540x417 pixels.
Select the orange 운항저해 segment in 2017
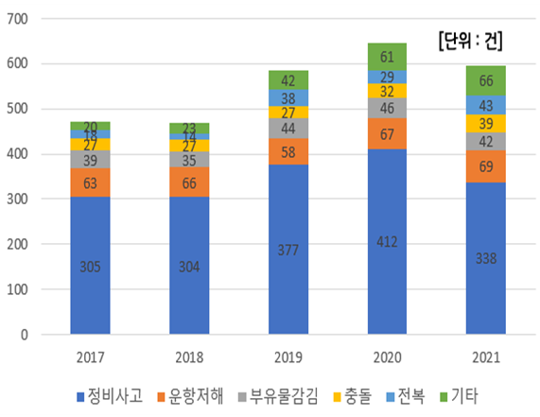coord(91,183)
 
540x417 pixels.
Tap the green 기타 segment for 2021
coord(485,80)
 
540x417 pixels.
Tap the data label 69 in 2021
coord(485,166)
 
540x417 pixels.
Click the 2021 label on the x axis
coord(485,356)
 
